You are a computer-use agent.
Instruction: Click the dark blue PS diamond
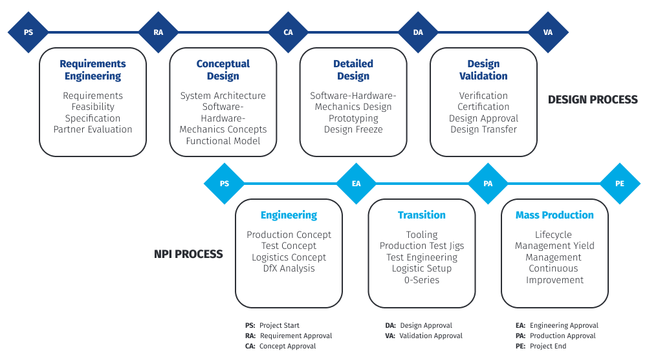28,32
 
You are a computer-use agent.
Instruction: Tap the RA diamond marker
159,32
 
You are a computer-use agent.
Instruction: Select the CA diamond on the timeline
289,32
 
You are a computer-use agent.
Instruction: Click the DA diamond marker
418,32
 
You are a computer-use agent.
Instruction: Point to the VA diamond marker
548,32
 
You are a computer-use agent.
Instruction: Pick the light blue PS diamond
225,183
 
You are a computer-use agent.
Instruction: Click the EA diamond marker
356,183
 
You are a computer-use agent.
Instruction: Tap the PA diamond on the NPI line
488,183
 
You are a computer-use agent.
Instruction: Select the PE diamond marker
620,183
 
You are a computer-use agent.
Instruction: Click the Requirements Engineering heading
93,70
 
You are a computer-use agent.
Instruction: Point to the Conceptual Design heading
223,70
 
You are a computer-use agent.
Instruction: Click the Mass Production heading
554,215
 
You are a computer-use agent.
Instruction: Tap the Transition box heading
422,215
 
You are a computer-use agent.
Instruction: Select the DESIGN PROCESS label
593,100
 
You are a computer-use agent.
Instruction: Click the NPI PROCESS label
188,254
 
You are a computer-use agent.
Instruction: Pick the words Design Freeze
353,129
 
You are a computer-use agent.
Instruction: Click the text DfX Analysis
289,268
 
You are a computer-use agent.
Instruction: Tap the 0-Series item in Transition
422,280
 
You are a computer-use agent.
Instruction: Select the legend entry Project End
547,347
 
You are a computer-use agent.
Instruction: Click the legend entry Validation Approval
431,336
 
